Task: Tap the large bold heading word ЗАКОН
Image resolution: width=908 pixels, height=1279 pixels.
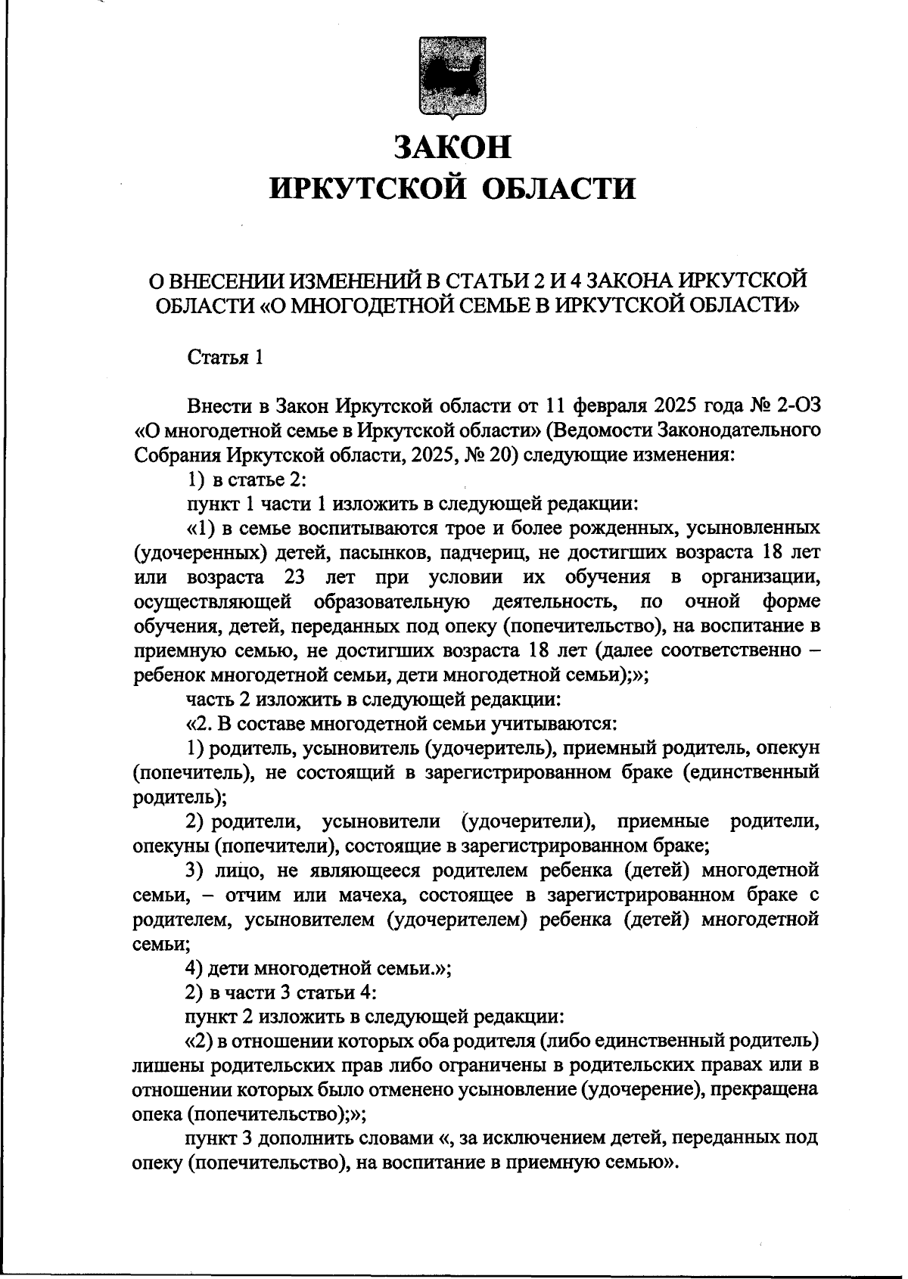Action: tap(453, 146)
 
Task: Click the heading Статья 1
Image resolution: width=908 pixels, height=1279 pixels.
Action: tap(225, 357)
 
